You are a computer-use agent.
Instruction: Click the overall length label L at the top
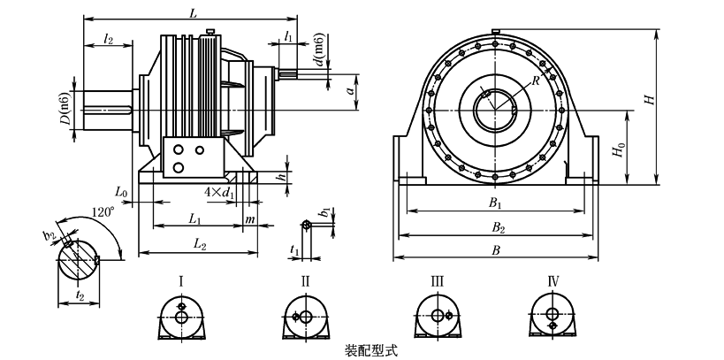tap(193, 10)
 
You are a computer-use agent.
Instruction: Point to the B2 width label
tap(498, 227)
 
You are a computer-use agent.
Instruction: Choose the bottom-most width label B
tap(498, 250)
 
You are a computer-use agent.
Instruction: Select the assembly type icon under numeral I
tap(181, 317)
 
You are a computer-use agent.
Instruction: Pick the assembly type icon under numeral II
tap(305, 317)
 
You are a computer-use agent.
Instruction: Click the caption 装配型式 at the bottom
tap(368, 350)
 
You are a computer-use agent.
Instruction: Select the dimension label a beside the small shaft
tap(351, 90)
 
